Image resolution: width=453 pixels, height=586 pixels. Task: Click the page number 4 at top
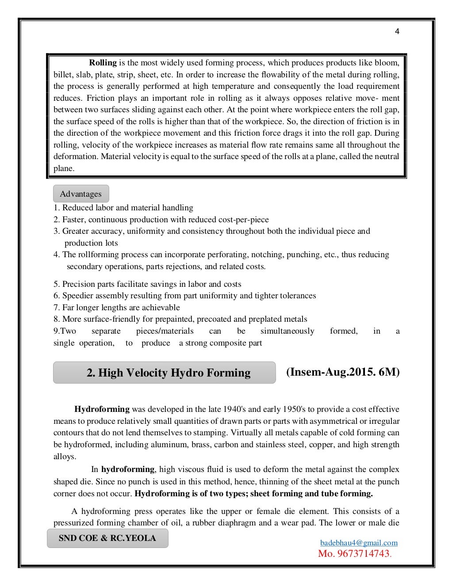[397, 31]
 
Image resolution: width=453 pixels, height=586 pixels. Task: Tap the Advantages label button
[81, 194]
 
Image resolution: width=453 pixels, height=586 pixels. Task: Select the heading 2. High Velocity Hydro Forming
[169, 373]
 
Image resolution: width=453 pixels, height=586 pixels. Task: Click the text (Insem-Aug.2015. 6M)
[343, 372]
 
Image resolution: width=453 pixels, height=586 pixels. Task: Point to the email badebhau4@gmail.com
[359, 543]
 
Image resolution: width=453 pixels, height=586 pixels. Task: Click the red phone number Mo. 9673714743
[354, 554]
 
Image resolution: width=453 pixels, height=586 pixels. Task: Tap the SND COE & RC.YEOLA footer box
[107, 538]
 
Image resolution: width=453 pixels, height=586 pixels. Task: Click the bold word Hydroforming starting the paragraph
[102, 409]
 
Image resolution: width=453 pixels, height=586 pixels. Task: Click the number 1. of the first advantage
[57, 208]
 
